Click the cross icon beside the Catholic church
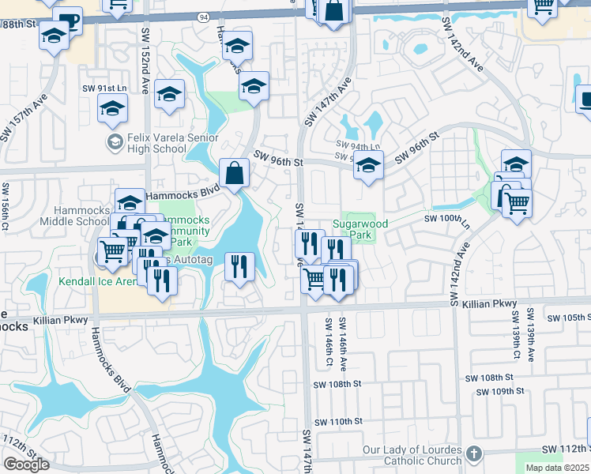coord(473,453)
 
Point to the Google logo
coord(26,465)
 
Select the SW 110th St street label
coord(337,423)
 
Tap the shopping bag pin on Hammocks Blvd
coord(235,173)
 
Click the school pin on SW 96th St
coord(367,167)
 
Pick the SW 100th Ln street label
coord(447,218)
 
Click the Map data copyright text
coord(557,468)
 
